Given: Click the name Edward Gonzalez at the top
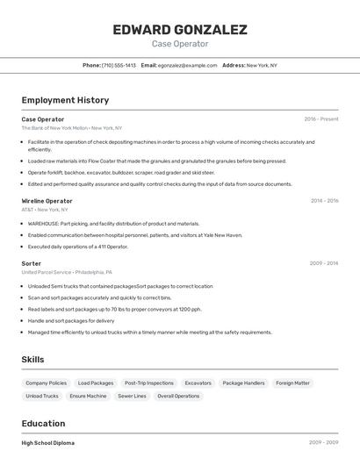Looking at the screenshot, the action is coord(180,30).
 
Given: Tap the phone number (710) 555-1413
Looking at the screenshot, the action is coord(119,65).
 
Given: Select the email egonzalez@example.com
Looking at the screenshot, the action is coord(187,65).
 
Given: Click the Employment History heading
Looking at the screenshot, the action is coord(65,100).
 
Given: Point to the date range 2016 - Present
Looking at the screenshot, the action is coord(321,119).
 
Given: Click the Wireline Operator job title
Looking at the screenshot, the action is coord(47,201).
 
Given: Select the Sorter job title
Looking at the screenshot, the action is coord(32,263).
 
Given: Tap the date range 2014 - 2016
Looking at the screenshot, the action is coord(324,201).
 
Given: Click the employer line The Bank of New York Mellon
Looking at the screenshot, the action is coord(72,128).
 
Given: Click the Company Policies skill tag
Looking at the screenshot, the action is coord(46,383).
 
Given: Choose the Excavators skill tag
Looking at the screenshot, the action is coord(198,383).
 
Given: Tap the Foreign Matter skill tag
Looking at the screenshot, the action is coord(292,383).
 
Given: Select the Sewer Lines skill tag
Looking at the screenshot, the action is coord(132,397).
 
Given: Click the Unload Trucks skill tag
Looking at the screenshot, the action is coord(42,397).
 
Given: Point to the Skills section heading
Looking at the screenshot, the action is coord(32,360).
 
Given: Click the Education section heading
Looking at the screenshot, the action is coord(43,424).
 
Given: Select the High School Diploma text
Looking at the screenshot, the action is coord(48,443).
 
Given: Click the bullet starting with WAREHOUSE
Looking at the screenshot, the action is coord(113,224).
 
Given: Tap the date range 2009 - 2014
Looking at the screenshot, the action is coord(324,263).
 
